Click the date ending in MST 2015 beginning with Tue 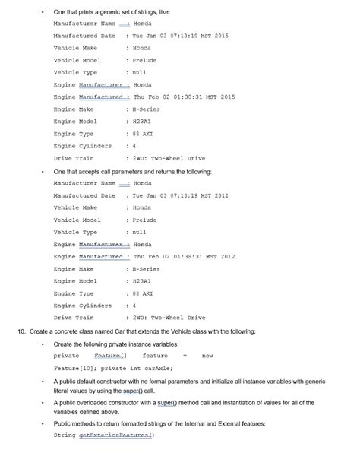tap(180, 36)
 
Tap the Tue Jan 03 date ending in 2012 tap(180, 195)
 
